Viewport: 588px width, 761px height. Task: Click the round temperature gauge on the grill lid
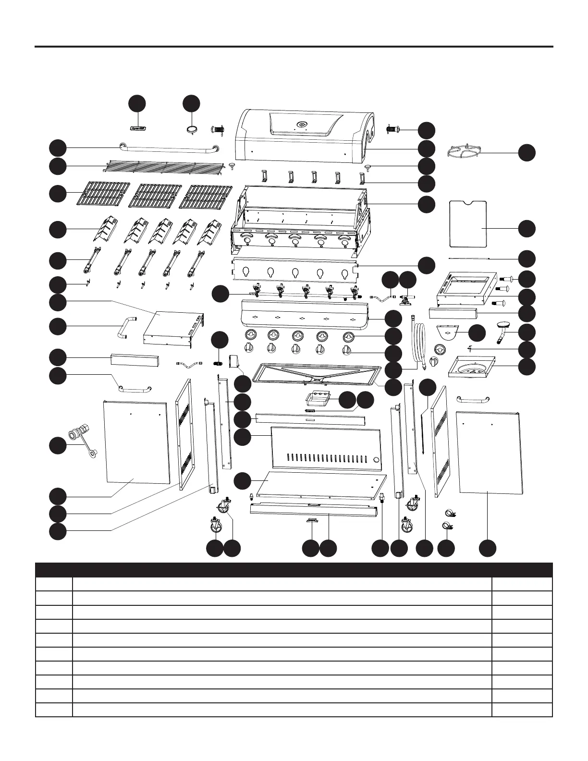point(302,125)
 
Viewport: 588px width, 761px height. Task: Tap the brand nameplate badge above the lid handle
point(139,129)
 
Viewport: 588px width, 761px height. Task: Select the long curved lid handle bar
point(168,148)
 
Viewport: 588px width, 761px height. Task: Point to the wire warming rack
point(164,167)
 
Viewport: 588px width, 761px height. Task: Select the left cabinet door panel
point(137,442)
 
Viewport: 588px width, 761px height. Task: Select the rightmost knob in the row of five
point(346,350)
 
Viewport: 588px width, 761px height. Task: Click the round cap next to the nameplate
point(192,128)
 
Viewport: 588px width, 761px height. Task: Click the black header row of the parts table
point(294,569)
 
